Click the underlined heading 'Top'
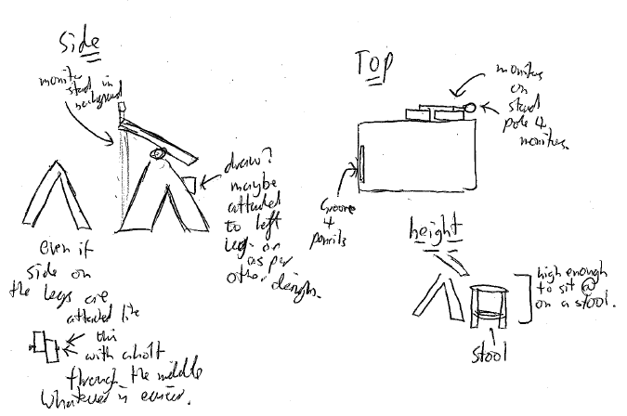[x=373, y=66]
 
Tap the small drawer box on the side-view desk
[x=191, y=182]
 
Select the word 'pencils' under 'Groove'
[x=330, y=240]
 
